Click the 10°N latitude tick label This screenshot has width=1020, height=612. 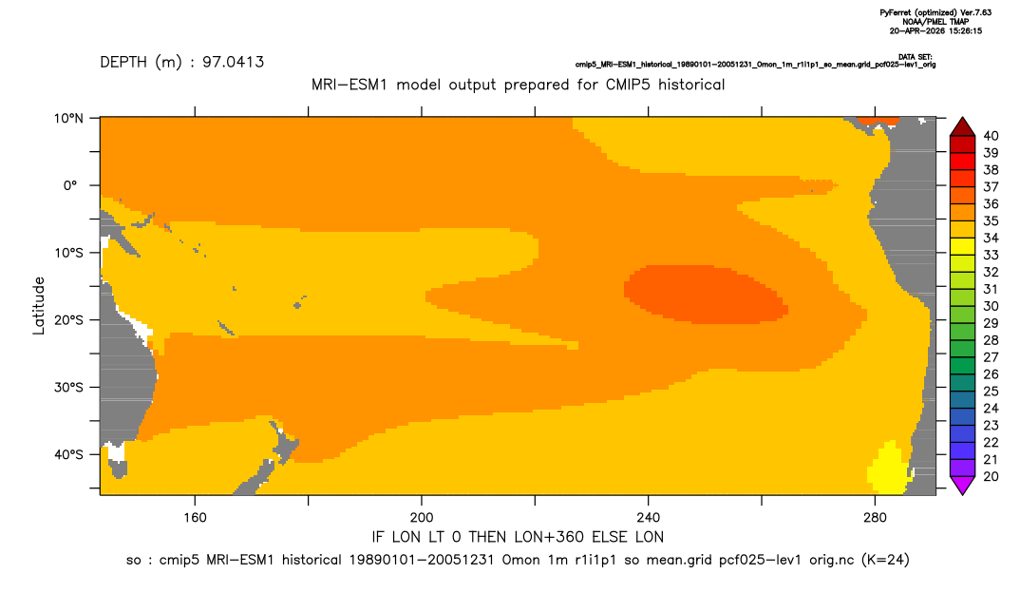click(68, 119)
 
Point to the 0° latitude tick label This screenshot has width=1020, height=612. click(70, 185)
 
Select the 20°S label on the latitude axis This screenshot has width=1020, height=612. click(68, 320)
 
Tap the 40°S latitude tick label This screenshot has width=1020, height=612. click(68, 454)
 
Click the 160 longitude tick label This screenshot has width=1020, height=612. click(195, 518)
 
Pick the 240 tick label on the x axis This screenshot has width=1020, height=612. click(649, 518)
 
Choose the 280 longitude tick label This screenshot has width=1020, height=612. click(875, 518)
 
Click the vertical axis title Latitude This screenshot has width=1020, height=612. click(39, 306)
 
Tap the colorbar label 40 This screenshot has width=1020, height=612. click(991, 136)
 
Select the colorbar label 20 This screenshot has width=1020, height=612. click(991, 476)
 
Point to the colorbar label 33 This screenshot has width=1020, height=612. click(991, 256)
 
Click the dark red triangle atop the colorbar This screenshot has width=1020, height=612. click(963, 127)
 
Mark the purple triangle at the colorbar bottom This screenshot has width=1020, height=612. click(963, 485)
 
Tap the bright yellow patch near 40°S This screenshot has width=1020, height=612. click(889, 469)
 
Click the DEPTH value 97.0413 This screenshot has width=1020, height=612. click(233, 63)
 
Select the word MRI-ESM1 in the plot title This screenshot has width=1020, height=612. click(349, 85)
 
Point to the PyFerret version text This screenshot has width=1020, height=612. click(935, 12)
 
